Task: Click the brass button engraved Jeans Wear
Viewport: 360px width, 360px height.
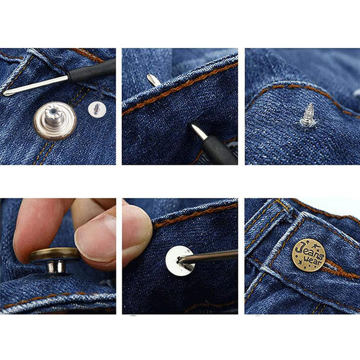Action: point(309,256)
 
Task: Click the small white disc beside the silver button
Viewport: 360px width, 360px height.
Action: point(97,109)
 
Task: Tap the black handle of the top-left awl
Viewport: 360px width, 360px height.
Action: point(92,70)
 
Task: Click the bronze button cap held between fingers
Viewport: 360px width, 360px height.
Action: point(55,254)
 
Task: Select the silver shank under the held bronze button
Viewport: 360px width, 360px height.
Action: point(55,267)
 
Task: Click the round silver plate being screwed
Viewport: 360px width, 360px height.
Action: point(180,260)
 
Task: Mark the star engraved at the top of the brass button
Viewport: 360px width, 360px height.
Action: point(317,246)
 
